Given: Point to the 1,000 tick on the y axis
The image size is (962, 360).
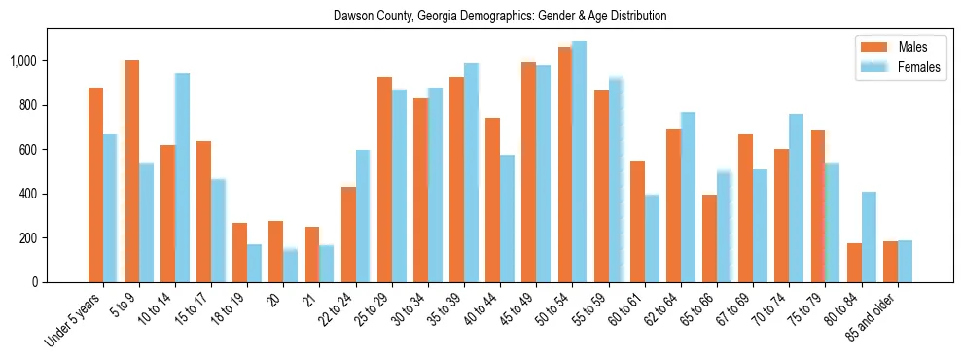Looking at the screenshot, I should (x=23, y=61).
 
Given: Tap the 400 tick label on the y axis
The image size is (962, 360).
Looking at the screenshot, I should (x=28, y=194).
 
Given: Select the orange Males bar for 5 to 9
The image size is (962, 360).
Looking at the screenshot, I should (x=131, y=171).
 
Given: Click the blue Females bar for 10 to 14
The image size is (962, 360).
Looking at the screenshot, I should (x=182, y=177).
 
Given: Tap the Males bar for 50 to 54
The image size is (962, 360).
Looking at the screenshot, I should (x=565, y=164).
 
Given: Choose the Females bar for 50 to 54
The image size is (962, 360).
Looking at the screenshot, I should (x=580, y=162).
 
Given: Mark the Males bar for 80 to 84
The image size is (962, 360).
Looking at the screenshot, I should (x=854, y=263).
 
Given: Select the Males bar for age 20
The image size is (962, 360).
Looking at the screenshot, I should (x=276, y=251).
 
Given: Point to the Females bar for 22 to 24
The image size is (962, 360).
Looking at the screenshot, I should (x=363, y=216).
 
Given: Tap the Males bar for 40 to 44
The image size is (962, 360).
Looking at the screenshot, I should (x=493, y=199).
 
